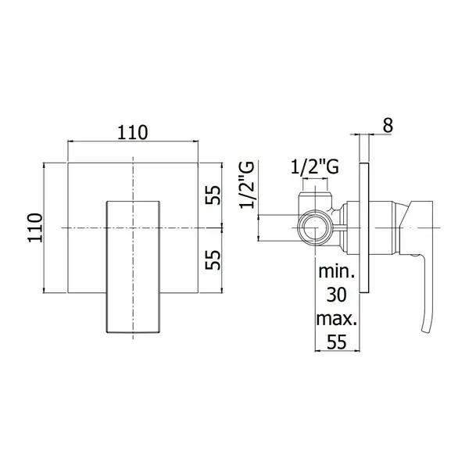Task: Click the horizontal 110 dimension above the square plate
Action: (133, 133)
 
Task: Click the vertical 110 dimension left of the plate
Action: (35, 227)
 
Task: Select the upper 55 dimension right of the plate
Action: (213, 195)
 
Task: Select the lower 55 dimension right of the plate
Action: (213, 260)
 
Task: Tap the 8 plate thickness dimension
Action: (388, 125)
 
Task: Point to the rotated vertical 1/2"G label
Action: (247, 184)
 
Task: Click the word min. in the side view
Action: (336, 271)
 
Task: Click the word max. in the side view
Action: (336, 319)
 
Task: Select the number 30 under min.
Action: (336, 295)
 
